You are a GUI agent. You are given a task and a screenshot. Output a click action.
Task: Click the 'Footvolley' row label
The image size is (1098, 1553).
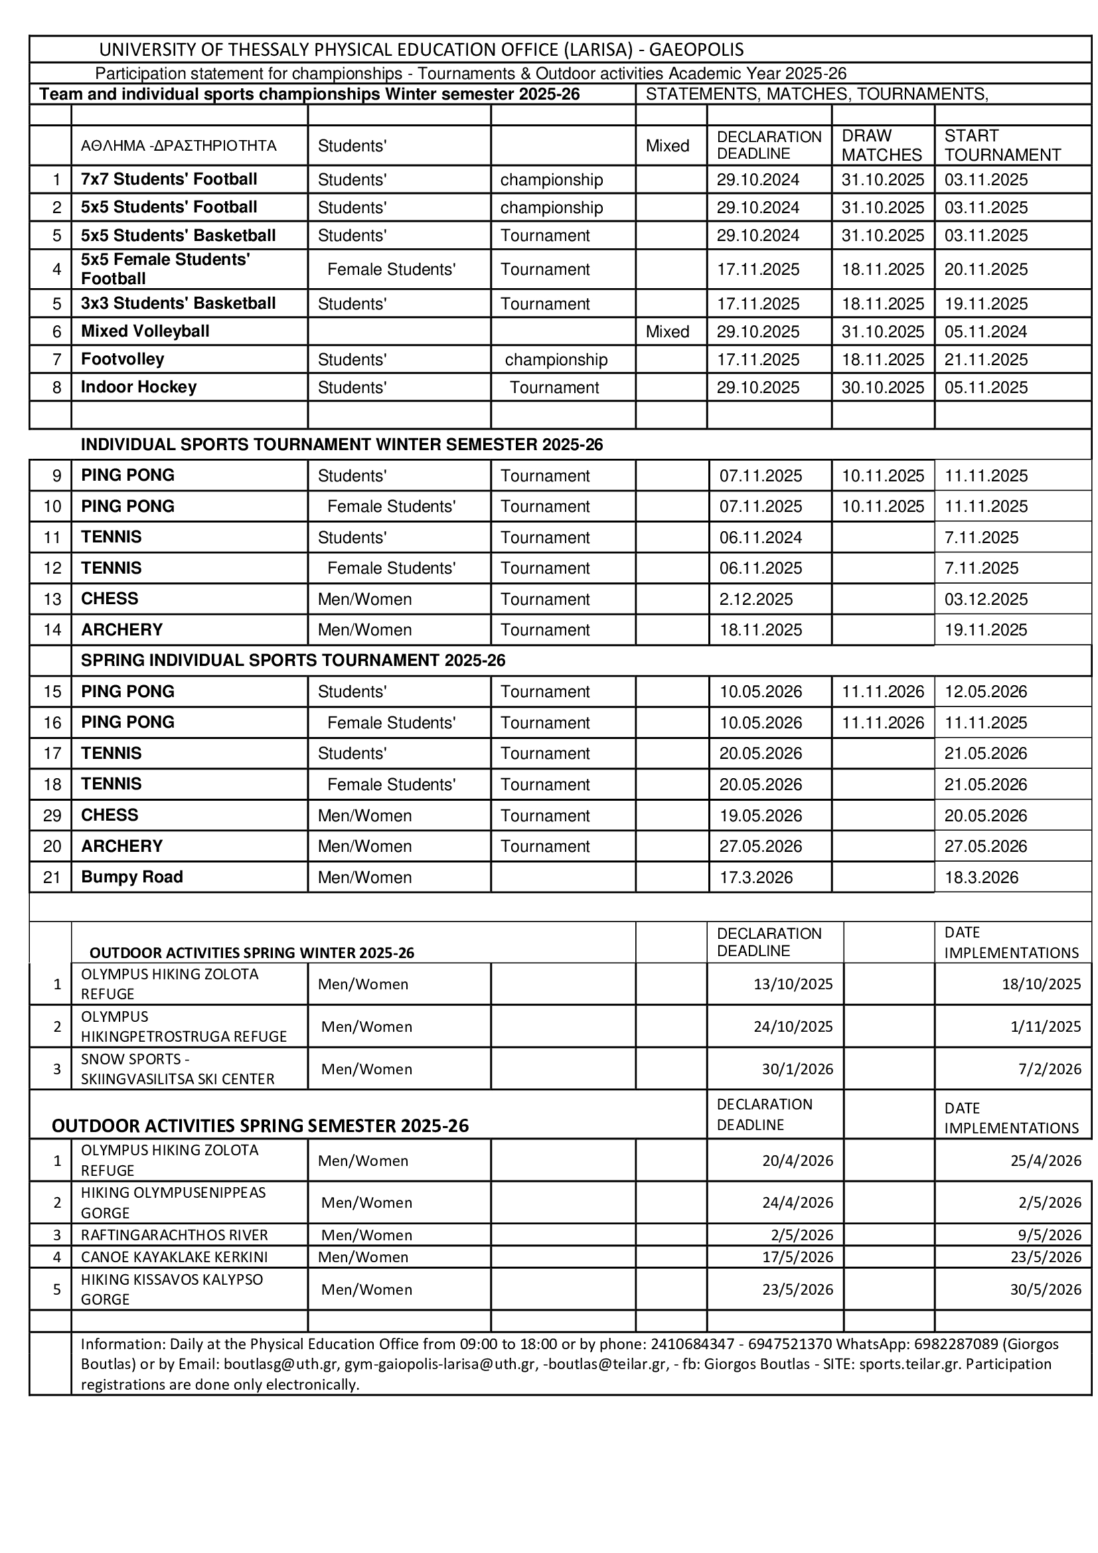pyautogui.click(x=122, y=359)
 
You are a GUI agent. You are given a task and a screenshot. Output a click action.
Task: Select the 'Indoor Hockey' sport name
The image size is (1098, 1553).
pyautogui.click(x=139, y=387)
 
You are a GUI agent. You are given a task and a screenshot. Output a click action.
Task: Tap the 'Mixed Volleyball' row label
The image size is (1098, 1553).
pyautogui.click(x=145, y=331)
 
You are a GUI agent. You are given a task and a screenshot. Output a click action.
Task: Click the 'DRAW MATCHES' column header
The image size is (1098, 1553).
pyautogui.click(x=881, y=145)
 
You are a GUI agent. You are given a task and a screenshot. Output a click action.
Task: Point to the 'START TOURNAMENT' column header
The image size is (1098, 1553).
pyautogui.click(x=1002, y=145)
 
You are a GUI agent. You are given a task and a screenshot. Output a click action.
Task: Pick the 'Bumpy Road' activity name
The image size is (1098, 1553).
pyautogui.click(x=132, y=877)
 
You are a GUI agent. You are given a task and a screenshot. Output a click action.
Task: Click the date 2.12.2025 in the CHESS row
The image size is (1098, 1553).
pyautogui.click(x=756, y=600)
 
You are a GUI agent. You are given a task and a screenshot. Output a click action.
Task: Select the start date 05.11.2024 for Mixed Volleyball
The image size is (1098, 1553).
pyautogui.click(x=985, y=331)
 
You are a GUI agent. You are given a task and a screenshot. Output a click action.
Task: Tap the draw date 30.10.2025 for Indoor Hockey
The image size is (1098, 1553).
pyautogui.click(x=882, y=388)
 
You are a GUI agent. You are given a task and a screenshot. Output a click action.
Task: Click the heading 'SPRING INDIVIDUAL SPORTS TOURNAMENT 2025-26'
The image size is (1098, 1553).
pyautogui.click(x=293, y=660)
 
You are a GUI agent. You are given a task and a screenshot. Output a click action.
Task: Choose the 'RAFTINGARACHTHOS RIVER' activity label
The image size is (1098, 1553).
pyautogui.click(x=175, y=1235)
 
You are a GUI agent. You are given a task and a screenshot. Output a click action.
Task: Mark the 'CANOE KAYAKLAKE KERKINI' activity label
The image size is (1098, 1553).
pyautogui.click(x=175, y=1257)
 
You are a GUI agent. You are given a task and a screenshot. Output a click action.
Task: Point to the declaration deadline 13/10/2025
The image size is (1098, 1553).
pyautogui.click(x=793, y=984)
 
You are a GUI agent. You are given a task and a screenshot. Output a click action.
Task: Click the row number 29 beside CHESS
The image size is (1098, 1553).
pyautogui.click(x=52, y=816)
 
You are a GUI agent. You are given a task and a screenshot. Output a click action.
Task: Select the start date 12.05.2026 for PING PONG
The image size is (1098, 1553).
pyautogui.click(x=985, y=692)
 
